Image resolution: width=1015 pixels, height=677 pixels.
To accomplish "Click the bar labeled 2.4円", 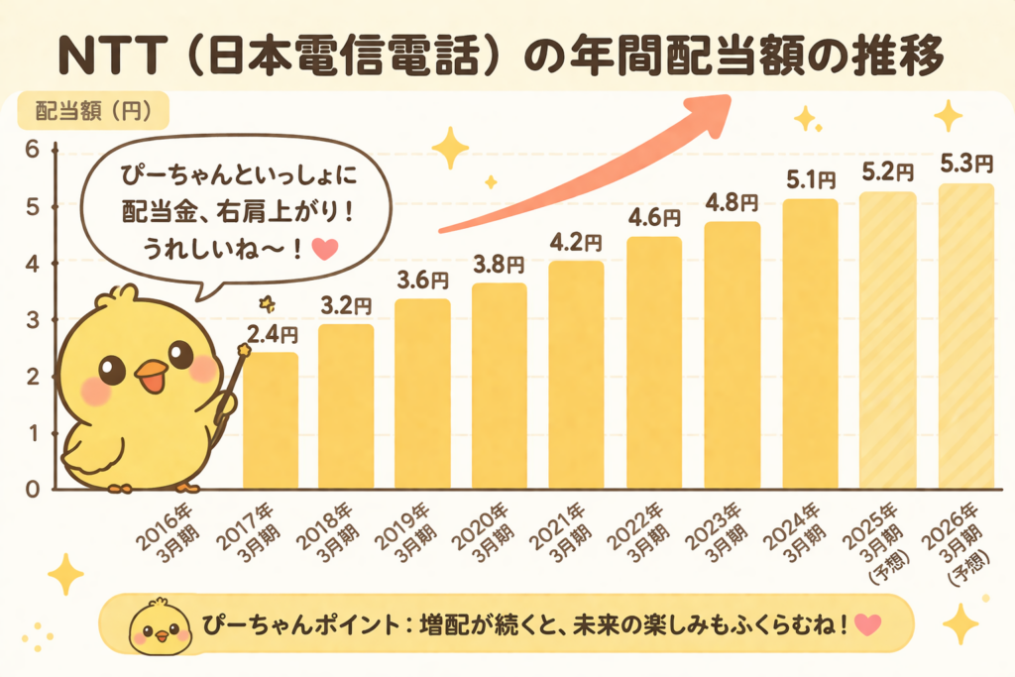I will point(270,421).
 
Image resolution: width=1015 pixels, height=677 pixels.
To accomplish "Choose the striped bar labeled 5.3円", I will point(964,337).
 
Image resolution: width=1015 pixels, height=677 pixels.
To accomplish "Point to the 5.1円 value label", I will point(810,181).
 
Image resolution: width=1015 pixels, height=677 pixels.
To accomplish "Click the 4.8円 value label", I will point(733,203).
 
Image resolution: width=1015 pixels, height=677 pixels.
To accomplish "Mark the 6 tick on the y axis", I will point(31,150).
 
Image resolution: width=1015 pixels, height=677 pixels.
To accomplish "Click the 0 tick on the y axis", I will point(31,490).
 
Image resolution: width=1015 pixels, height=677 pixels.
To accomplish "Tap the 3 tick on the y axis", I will point(31,319).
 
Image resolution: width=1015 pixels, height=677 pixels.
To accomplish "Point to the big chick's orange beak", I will point(151,375).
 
